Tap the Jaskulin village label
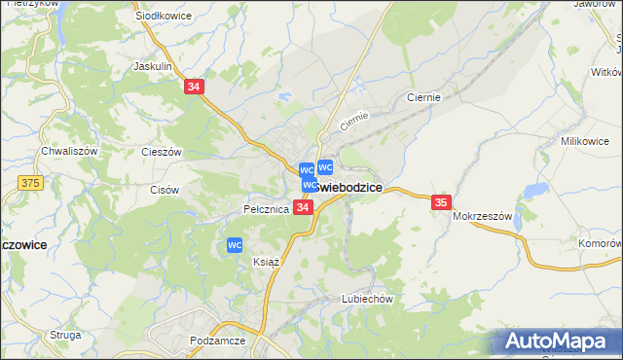click(152, 67)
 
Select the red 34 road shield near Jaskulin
click(194, 88)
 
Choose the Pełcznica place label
click(266, 209)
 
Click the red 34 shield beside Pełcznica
click(303, 208)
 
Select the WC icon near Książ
click(235, 246)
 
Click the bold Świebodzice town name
click(348, 187)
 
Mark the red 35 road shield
click(441, 201)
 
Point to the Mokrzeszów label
click(482, 217)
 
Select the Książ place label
click(266, 262)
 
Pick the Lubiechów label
click(366, 300)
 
